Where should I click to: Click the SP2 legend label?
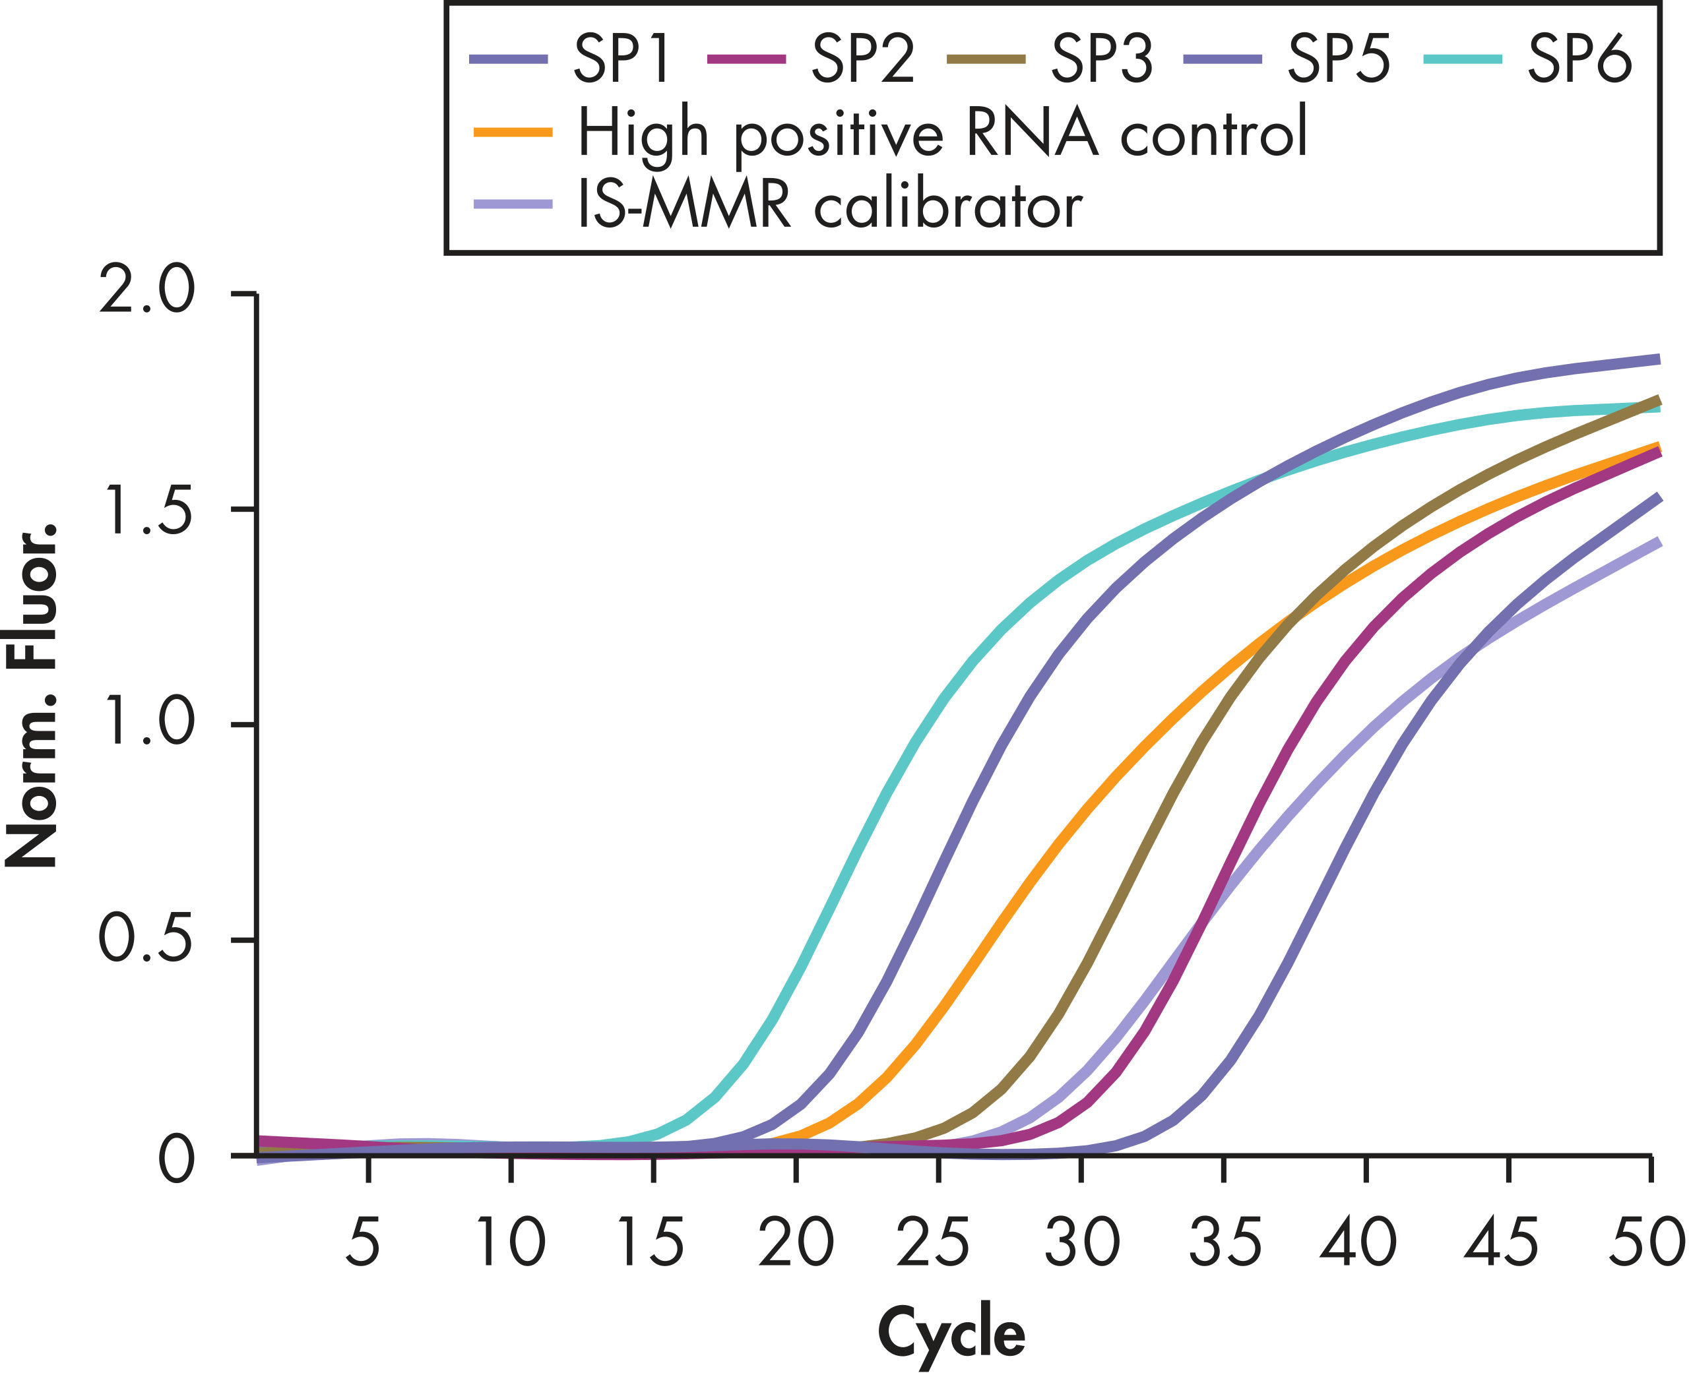[x=863, y=60]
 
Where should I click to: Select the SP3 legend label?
[x=1101, y=60]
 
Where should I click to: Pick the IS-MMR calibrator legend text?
[x=830, y=206]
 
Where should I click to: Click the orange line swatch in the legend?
[x=513, y=132]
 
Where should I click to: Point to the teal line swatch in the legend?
[x=1462, y=59]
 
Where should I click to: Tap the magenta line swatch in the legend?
[x=746, y=59]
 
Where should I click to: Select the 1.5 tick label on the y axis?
[x=147, y=508]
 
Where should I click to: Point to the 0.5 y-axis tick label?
[x=146, y=940]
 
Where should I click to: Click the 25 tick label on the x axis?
[x=934, y=1242]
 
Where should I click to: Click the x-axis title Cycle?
[x=951, y=1334]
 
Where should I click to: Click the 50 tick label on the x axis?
[x=1646, y=1242]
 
